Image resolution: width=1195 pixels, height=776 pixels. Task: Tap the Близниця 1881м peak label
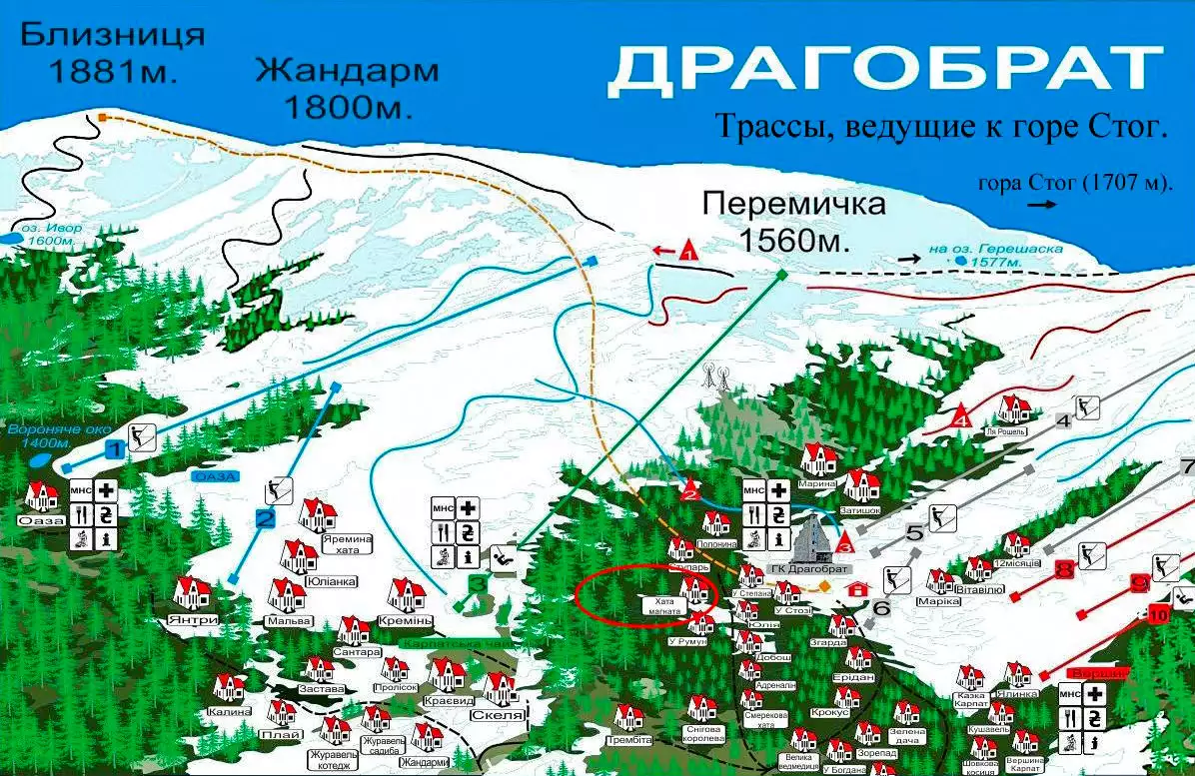(112, 52)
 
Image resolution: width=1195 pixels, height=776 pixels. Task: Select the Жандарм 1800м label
(347, 88)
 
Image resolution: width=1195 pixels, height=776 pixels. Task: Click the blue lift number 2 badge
(265, 518)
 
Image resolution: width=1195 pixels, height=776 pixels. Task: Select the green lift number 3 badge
(479, 583)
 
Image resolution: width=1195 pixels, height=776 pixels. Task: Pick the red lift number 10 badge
(1158, 614)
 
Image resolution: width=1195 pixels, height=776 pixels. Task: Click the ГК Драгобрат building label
(816, 568)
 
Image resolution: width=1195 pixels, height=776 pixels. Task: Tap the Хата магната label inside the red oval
(667, 605)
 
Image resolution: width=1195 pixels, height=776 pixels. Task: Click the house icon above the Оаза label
(42, 494)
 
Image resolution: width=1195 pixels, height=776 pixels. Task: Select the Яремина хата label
(347, 543)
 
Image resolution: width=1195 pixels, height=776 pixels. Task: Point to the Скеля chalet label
(504, 715)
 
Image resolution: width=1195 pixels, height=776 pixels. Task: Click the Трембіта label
(628, 740)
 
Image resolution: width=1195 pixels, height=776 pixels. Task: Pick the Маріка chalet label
(937, 602)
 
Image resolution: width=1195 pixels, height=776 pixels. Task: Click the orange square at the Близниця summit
(103, 118)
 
